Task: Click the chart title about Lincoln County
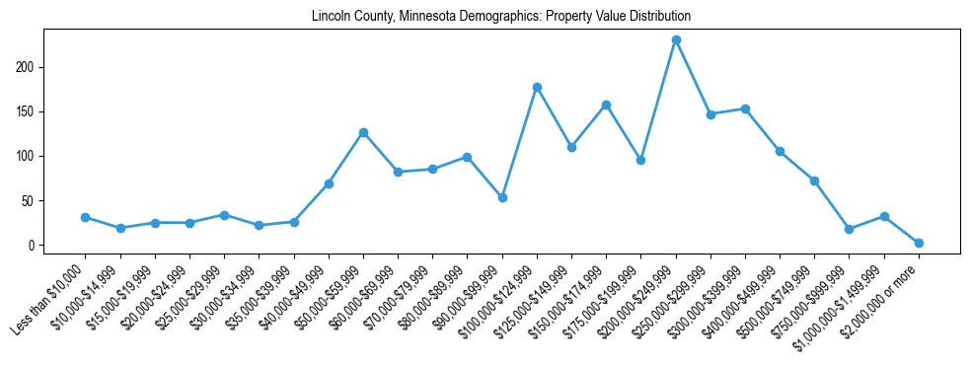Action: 500,17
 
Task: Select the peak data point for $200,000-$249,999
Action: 676,40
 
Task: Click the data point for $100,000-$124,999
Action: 537,87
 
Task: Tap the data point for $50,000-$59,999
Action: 363,132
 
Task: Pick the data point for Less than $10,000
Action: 85,217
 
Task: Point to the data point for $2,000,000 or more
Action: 919,243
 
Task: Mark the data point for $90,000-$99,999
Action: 502,197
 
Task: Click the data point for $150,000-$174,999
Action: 606,105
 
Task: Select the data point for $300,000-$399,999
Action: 745,109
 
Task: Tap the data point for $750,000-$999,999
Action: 850,229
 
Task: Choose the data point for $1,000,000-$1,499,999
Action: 884,216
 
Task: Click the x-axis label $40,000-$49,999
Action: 295,297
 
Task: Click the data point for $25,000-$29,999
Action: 224,215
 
